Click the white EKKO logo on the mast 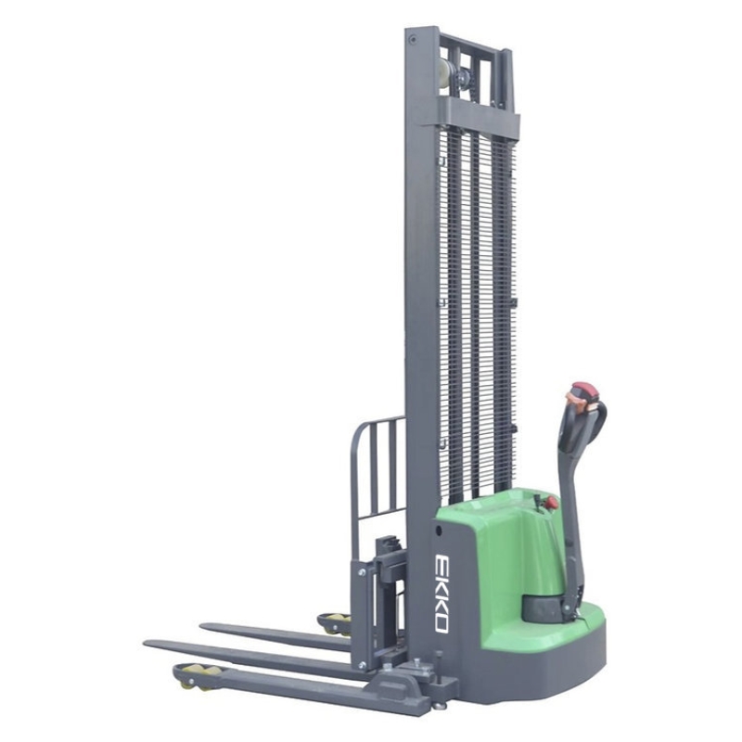click(441, 593)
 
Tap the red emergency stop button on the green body click(552, 502)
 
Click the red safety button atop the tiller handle click(584, 390)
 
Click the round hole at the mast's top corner click(413, 39)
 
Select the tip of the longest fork click(146, 644)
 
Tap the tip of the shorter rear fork click(202, 627)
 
